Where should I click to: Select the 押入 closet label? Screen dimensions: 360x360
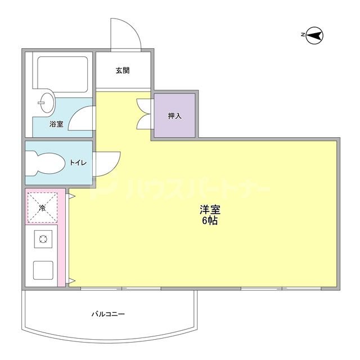click(x=174, y=116)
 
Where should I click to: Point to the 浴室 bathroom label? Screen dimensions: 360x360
click(x=56, y=124)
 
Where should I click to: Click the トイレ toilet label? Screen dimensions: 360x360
click(x=78, y=163)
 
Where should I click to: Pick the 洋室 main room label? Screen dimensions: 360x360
click(x=210, y=210)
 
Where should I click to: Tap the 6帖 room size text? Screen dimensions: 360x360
click(x=210, y=221)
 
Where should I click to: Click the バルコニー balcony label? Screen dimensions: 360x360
click(x=109, y=314)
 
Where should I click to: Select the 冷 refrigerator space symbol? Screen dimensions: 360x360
click(x=42, y=208)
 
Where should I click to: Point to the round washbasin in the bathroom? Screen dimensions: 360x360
click(x=47, y=102)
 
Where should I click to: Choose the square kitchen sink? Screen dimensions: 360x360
click(x=43, y=270)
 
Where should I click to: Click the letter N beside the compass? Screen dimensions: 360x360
click(x=303, y=36)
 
